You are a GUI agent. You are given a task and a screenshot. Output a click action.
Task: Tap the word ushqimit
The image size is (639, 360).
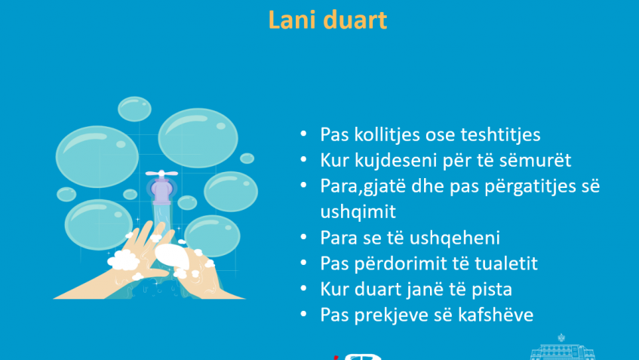[358, 212]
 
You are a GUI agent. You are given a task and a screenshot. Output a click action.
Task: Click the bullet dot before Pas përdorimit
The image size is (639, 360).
[303, 262]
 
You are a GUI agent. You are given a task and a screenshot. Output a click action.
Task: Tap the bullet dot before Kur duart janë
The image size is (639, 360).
[303, 288]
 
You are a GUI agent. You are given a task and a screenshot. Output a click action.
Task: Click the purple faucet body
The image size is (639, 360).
[161, 191]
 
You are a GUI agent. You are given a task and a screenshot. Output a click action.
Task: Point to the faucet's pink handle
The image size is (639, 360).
[161, 174]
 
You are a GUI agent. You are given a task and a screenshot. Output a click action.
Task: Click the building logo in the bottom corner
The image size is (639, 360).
[562, 348]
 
